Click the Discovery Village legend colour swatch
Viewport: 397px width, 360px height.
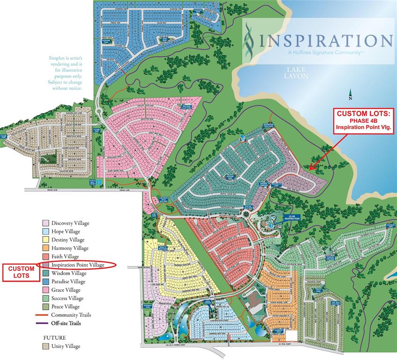point(46,223)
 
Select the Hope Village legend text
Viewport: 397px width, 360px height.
point(65,232)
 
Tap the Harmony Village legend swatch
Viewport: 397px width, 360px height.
point(46,248)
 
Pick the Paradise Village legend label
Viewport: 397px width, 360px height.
point(69,282)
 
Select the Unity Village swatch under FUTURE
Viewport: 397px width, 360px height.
point(46,346)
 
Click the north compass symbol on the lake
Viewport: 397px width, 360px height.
point(350,96)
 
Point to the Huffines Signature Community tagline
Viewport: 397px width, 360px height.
point(324,53)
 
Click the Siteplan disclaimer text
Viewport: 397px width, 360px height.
point(65,73)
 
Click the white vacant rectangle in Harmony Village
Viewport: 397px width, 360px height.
point(291,335)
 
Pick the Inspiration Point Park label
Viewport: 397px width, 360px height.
point(268,125)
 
